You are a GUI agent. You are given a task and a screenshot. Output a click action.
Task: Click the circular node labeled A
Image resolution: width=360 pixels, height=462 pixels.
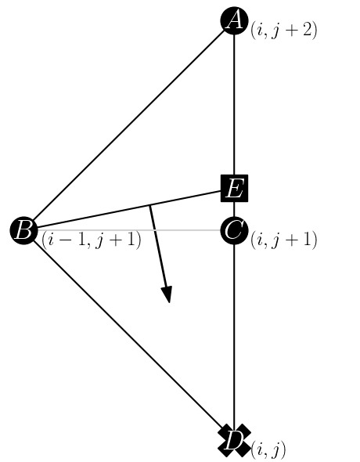coord(234,20)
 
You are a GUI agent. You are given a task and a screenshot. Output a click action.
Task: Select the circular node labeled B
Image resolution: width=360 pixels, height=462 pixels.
coord(23,230)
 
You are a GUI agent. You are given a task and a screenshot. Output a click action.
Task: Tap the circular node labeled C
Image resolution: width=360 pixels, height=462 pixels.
coord(234,230)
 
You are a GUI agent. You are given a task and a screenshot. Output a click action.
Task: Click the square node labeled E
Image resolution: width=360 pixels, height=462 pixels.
coord(234,188)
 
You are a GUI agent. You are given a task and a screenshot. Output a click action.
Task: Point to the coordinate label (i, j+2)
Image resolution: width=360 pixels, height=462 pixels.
coord(283,31)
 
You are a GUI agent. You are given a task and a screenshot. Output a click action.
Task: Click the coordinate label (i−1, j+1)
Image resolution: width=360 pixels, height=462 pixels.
coord(92,240)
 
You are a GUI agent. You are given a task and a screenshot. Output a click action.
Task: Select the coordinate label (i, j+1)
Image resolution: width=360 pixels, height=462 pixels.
coord(283,240)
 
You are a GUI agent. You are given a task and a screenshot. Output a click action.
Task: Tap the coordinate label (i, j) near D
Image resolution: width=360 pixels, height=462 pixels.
coord(268,450)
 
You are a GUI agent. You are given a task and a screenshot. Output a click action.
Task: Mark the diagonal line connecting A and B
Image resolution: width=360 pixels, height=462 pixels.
coord(129,125)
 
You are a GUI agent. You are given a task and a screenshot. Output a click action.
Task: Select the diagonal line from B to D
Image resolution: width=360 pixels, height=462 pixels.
coord(129,336)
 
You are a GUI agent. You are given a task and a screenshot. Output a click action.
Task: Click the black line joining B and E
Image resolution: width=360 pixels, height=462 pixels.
coord(94,216)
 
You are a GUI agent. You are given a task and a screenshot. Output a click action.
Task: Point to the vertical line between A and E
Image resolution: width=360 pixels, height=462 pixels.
coord(234,102)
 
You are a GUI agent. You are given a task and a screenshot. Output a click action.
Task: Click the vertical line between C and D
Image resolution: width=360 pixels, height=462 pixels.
coord(234,337)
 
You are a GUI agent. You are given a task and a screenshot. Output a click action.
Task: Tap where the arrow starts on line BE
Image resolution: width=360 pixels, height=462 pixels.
coord(150,205)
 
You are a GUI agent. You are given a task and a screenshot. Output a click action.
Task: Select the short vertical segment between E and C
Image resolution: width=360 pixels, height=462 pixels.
coord(234,208)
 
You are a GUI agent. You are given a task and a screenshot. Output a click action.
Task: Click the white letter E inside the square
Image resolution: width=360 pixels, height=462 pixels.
coord(234,189)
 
